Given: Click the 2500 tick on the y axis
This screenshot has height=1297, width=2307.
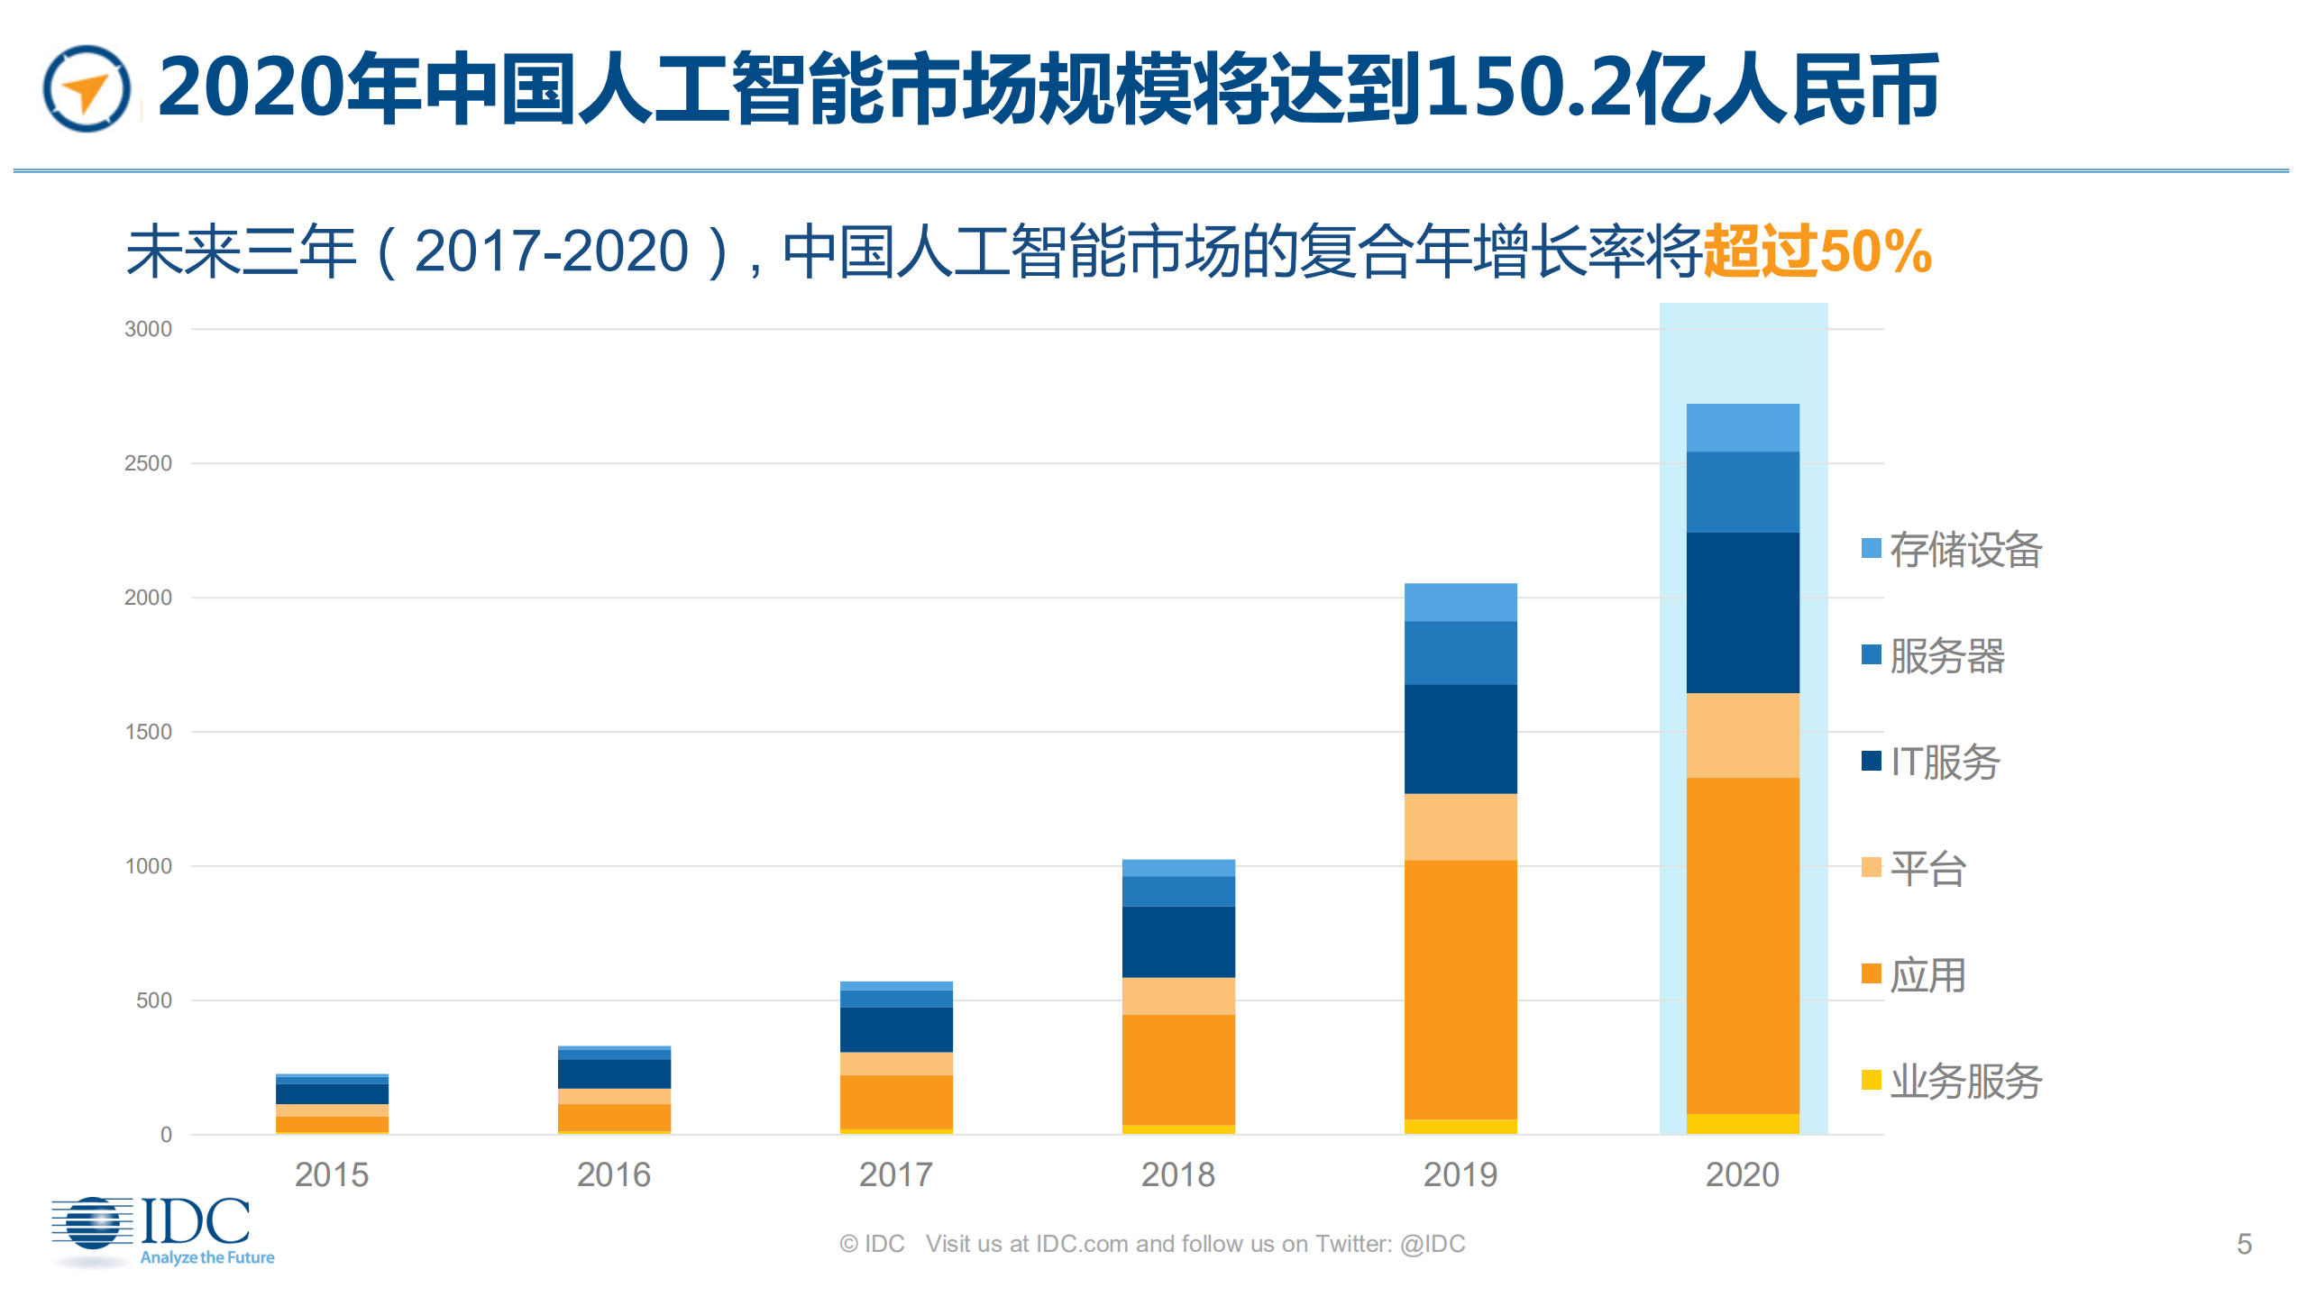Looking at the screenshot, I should click(148, 463).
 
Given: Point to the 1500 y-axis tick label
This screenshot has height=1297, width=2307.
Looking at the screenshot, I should click(148, 732).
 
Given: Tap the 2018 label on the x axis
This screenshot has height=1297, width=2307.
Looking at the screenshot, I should click(1177, 1174).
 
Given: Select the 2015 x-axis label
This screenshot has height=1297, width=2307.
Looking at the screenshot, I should click(332, 1174).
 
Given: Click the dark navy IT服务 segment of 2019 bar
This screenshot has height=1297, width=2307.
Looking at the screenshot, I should click(1460, 739).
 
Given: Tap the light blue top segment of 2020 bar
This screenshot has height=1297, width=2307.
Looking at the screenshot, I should click(1742, 427).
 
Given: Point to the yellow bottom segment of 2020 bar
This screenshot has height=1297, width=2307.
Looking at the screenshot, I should click(1742, 1123).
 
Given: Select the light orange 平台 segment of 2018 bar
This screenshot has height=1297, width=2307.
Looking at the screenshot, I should click(1177, 996).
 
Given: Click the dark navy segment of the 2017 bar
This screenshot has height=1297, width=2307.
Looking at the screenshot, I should click(895, 1029).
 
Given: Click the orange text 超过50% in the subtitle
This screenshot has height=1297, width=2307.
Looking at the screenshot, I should click(1817, 251).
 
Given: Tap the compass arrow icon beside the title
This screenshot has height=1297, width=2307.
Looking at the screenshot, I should click(87, 89).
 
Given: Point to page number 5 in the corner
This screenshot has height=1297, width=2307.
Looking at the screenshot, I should click(2244, 1244).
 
